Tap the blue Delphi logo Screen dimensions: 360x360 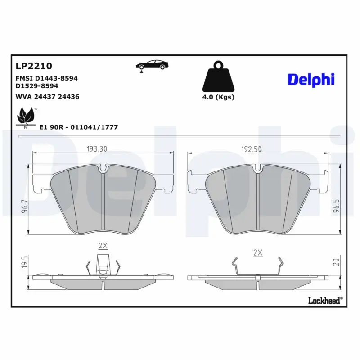[x=311, y=80]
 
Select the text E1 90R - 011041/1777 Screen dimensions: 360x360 [x=79, y=127]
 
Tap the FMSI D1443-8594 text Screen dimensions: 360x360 [x=46, y=78]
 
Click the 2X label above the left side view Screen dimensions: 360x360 [x=103, y=246]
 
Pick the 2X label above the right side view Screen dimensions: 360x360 [x=258, y=253]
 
